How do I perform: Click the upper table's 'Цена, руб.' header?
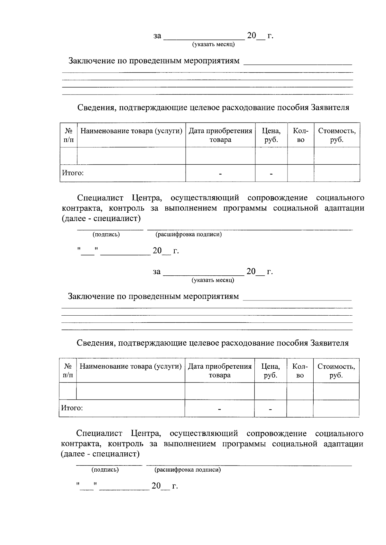pyautogui.click(x=271, y=135)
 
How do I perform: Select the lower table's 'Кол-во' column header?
pyautogui.click(x=300, y=371)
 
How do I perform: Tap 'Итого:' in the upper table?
pyautogui.click(x=73, y=173)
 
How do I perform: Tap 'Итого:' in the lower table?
pyautogui.click(x=72, y=408)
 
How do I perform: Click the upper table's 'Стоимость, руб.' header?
pyautogui.click(x=336, y=135)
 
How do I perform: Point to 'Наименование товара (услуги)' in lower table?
pyautogui.click(x=130, y=366)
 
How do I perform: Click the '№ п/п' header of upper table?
pyautogui.click(x=68, y=135)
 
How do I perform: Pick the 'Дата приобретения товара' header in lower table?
pyautogui.click(x=219, y=371)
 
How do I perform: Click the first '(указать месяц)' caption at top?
pyautogui.click(x=213, y=44)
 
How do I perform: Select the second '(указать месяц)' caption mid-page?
pyautogui.click(x=213, y=280)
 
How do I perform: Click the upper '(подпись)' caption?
pyautogui.click(x=106, y=235)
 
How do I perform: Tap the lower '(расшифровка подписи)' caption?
pyautogui.click(x=188, y=470)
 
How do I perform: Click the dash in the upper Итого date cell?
pyautogui.click(x=220, y=174)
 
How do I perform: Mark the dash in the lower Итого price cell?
pyautogui.click(x=270, y=409)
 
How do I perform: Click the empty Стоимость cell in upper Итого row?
pyautogui.click(x=336, y=173)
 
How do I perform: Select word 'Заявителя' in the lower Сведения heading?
pyautogui.click(x=329, y=343)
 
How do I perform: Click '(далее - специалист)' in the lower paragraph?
pyautogui.click(x=100, y=454)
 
